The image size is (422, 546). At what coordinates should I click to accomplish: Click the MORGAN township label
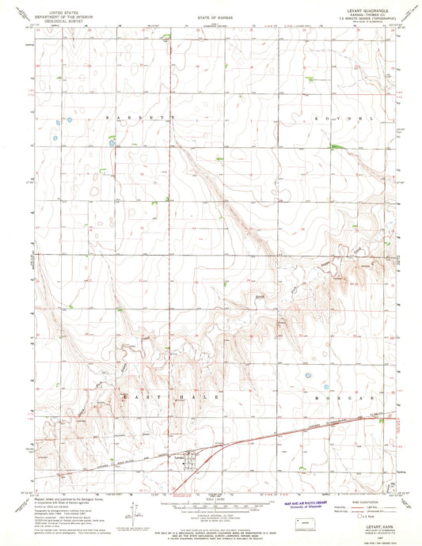(x=341, y=398)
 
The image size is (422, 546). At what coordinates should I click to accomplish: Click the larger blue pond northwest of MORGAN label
(x=308, y=377)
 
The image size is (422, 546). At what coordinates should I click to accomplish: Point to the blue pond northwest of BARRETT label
(x=69, y=120)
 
